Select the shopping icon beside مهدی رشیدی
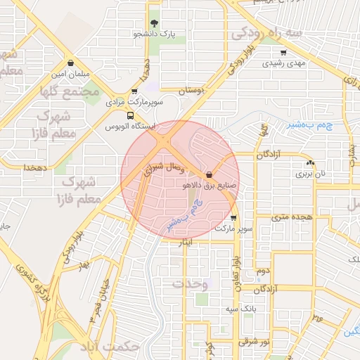283,53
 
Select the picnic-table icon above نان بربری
310,162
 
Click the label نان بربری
310,173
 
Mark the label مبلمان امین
69,74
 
